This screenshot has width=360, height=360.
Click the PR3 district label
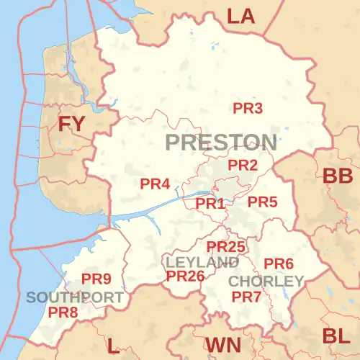coord(248,109)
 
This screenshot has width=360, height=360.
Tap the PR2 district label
coord(243,166)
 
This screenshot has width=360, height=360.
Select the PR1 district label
coord(211,204)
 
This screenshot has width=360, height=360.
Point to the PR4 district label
coord(155,184)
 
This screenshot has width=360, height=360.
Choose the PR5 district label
coord(262,202)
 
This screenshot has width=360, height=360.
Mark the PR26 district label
coord(186,276)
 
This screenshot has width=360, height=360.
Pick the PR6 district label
coord(279,264)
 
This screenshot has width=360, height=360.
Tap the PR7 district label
coord(246,297)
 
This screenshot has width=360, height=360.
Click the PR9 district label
coord(96,279)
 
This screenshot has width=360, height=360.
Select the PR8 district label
coord(63,312)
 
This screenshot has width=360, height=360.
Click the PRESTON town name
coord(220,142)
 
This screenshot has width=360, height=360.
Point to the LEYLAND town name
coord(202,262)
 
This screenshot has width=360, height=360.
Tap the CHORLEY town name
coord(266,280)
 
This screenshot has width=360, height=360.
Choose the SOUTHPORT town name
coord(75,297)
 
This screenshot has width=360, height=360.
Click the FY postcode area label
coord(71,124)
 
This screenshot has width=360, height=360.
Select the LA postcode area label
coord(241,16)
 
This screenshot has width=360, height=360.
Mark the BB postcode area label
coord(337,176)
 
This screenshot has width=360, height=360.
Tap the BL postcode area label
coord(337,336)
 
